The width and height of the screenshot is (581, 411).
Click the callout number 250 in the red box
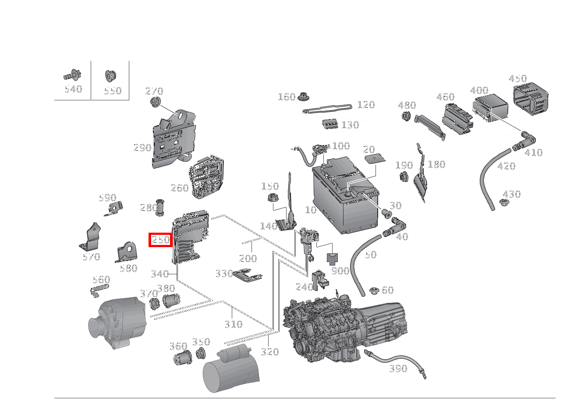(161, 240)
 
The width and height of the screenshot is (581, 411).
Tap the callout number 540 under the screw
(73, 89)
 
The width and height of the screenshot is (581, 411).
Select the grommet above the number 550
(110, 76)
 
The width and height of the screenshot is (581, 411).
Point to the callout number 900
(340, 271)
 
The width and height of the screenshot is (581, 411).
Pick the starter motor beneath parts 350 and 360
(230, 370)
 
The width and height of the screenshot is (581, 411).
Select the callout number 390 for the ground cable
(398, 369)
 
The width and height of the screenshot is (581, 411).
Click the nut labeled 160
(302, 96)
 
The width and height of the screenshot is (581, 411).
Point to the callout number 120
(366, 105)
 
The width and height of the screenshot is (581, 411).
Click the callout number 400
(479, 91)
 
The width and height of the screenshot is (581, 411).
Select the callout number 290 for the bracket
(142, 148)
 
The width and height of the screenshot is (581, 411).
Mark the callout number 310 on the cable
(233, 324)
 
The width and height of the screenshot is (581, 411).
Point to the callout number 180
(436, 164)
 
